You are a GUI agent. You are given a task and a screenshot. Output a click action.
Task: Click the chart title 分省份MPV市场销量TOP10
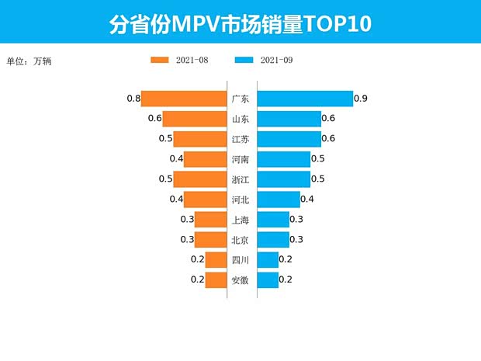[240, 23]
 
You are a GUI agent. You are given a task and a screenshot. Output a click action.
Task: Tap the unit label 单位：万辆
[32, 61]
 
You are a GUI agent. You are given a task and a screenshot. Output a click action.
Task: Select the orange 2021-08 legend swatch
[160, 60]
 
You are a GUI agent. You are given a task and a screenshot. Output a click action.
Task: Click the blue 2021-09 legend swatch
[244, 60]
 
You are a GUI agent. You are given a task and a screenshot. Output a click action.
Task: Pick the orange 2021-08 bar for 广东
[183, 99]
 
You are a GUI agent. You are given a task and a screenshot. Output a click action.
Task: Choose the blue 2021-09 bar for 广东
[304, 99]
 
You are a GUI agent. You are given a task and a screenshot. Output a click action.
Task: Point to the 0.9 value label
[360, 99]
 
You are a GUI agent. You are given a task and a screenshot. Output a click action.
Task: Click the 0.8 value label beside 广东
[133, 99]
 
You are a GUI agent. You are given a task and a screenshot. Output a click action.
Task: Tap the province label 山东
[240, 119]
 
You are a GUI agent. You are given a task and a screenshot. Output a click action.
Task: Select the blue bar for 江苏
[289, 139]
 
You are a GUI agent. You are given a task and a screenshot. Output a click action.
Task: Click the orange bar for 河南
[205, 159]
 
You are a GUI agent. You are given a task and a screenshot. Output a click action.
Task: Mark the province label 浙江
[240, 179]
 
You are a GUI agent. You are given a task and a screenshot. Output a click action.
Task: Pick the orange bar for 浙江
[199, 179]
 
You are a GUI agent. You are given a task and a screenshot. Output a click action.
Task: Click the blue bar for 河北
[278, 200]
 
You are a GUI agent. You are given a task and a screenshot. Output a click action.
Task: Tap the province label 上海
[240, 220]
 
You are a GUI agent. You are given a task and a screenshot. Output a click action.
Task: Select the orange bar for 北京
[210, 240]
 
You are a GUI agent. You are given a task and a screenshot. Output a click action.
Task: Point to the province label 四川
[240, 260]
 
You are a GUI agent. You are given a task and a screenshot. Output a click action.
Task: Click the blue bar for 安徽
[268, 280]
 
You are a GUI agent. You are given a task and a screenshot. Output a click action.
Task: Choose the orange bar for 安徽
[216, 280]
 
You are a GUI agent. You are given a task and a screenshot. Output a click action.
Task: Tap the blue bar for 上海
[272, 220]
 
